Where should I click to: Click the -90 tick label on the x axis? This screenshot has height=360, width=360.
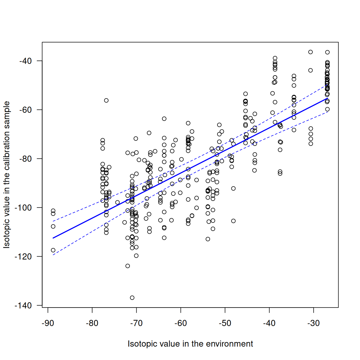point(48,323)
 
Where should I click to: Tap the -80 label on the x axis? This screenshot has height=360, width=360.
point(92,323)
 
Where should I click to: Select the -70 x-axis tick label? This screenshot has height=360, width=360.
point(136,323)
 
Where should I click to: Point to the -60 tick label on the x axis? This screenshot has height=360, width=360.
point(181,323)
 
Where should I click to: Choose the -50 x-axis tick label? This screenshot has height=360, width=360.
point(225,323)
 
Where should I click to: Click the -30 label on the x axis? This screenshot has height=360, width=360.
point(313,323)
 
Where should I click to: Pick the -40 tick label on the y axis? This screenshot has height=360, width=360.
point(25,61)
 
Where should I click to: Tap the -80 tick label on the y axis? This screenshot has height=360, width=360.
point(25,159)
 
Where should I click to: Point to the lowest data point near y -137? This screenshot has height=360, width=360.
point(132,298)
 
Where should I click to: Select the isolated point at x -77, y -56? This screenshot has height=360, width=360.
point(106,100)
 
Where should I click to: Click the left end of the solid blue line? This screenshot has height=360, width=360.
point(53,238)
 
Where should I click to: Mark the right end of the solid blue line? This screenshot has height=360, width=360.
point(327,99)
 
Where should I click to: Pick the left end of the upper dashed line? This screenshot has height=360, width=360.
point(53,221)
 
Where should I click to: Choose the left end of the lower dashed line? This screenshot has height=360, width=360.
point(53,255)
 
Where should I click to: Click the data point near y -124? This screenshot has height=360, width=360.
point(127,266)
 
